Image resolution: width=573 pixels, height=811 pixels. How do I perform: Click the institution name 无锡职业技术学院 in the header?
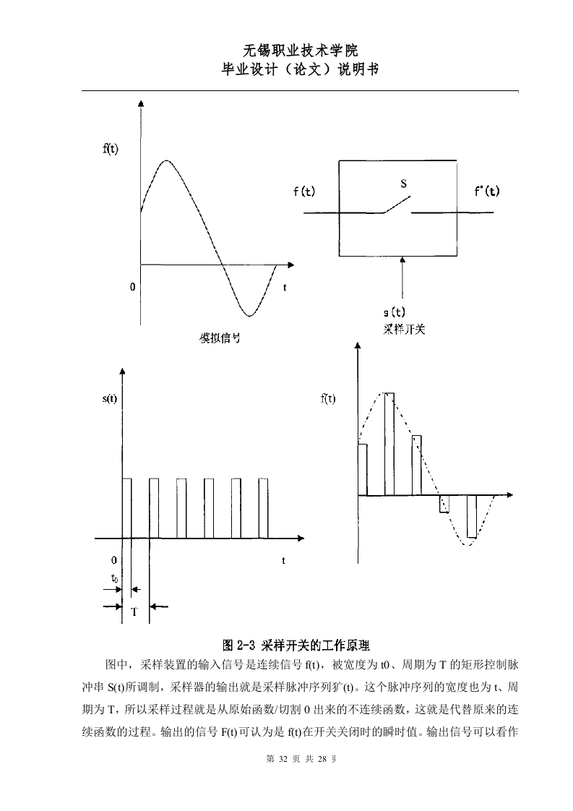[x=300, y=50]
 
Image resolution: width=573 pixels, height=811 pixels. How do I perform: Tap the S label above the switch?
[x=403, y=183]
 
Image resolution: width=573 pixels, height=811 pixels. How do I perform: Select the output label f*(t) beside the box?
[x=486, y=191]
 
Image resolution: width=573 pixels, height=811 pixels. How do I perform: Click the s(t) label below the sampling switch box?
[x=394, y=312]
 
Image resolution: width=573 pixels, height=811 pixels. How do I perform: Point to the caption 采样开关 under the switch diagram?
[x=404, y=330]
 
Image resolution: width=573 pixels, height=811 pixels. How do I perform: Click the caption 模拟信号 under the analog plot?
[x=220, y=338]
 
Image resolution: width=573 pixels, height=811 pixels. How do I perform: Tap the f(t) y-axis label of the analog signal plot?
[x=110, y=149]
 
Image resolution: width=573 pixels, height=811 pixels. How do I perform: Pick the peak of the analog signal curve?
[x=166, y=161]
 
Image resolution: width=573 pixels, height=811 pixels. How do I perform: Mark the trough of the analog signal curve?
[x=250, y=315]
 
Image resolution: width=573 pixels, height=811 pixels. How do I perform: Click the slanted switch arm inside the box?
[x=397, y=205]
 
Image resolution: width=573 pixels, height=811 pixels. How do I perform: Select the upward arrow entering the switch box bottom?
[x=402, y=278]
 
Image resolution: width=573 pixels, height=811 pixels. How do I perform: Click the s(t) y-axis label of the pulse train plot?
[x=110, y=399]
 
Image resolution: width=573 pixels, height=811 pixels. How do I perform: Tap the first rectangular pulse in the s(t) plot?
[x=126, y=508]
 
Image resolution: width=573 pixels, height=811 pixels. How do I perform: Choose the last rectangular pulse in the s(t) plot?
[x=263, y=508]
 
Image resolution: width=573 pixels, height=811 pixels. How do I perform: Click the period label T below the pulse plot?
[x=134, y=612]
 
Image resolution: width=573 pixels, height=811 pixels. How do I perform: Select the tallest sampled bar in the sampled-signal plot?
[x=389, y=445]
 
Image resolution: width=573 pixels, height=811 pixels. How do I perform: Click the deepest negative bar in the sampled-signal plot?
[x=472, y=516]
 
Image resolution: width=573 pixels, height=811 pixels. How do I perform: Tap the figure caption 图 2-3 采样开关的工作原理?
[x=296, y=645]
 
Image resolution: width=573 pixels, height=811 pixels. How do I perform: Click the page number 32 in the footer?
[x=283, y=759]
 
